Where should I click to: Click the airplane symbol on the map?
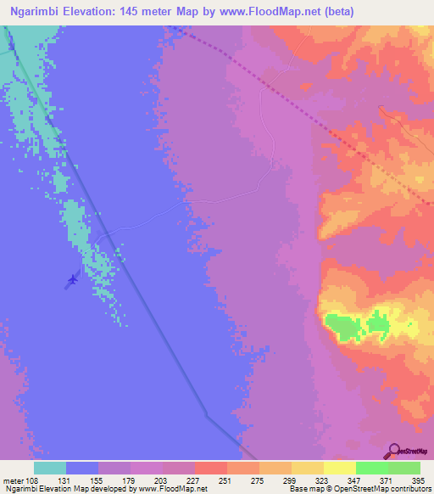72,278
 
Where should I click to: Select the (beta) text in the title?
334,11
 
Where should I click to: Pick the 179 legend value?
131,480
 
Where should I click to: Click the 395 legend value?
419,480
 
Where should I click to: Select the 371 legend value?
388,480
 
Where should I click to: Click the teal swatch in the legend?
50,468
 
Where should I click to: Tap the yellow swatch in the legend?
340,468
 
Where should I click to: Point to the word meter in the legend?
13,480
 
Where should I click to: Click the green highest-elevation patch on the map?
342,325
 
